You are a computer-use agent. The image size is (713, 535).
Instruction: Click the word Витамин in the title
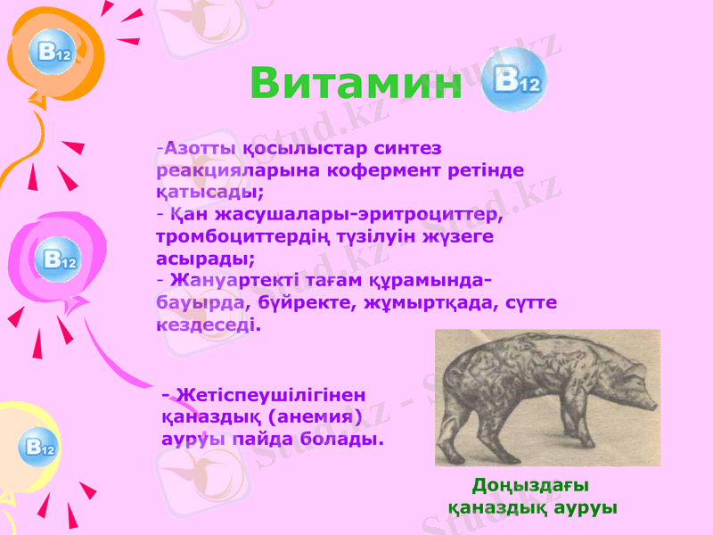356,83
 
